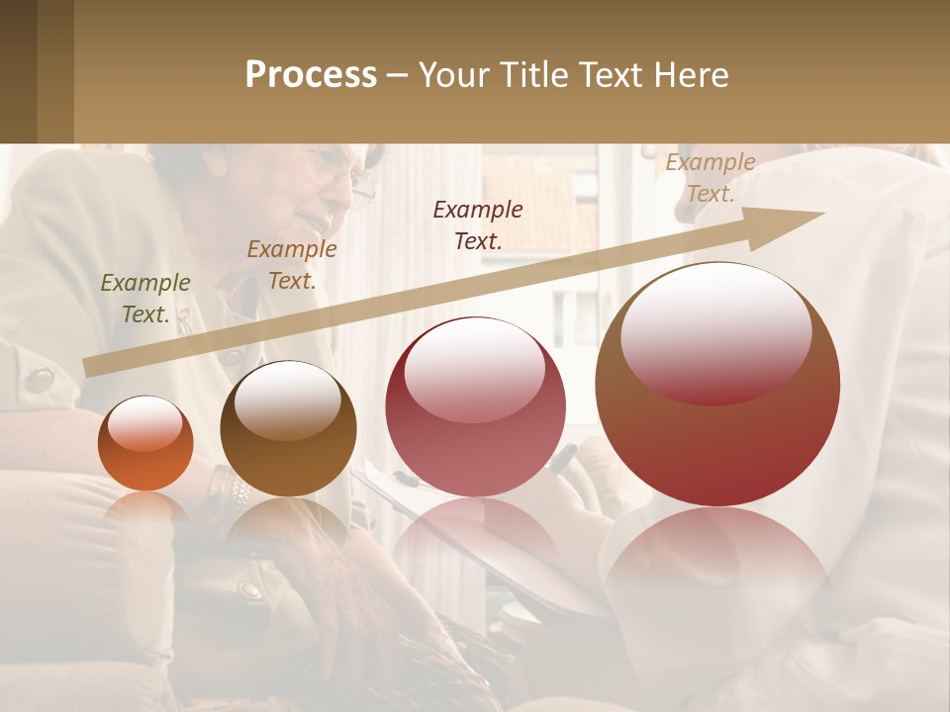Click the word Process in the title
[311, 75]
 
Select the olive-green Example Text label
[144, 299]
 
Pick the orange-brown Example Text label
[291, 265]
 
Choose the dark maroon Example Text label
[478, 224]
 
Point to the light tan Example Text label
[710, 178]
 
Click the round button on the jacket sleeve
[40, 379]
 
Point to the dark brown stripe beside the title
[55, 71]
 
